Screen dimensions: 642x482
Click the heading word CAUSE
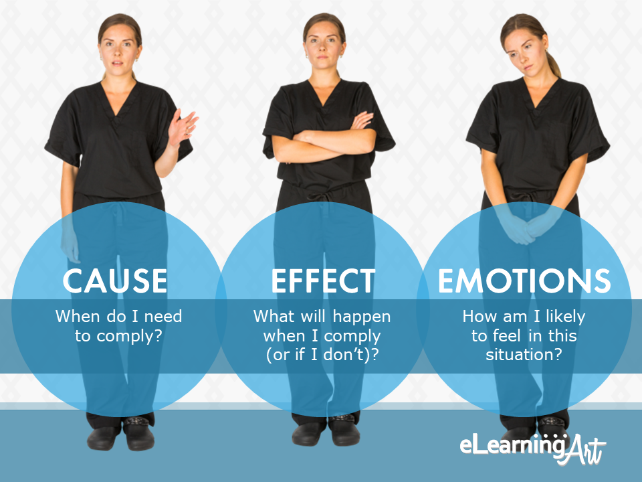pos(115,280)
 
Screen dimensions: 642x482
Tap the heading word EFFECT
pos(323,280)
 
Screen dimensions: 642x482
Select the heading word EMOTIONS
pos(524,280)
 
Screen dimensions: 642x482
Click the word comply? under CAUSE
pos(129,337)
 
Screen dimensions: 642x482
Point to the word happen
pos(362,317)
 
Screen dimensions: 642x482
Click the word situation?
pos(524,354)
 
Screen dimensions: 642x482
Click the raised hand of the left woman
pos(182,127)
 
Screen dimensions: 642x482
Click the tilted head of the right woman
pos(526,45)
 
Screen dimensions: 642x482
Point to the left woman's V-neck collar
pos(118,100)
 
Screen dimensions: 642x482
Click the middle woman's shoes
pos(326,431)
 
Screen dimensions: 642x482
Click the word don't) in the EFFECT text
pos(346,355)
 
